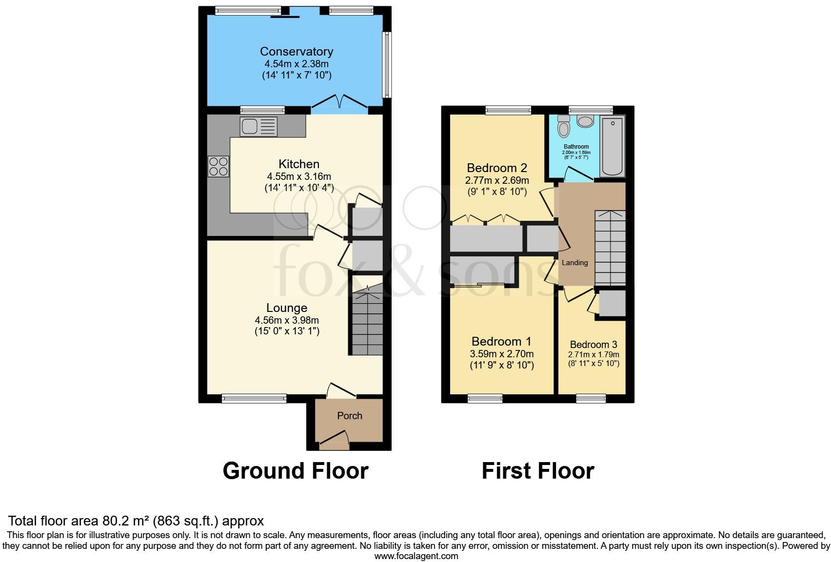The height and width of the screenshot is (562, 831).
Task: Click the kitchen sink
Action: [258, 127]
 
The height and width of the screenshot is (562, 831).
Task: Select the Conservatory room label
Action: [296, 52]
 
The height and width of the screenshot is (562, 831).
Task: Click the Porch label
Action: [350, 416]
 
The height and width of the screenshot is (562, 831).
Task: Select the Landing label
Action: [574, 263]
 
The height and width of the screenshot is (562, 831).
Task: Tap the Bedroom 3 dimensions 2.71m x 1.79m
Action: [594, 355]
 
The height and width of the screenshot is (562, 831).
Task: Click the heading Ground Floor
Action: [295, 471]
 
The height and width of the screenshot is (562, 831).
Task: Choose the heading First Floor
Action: [537, 471]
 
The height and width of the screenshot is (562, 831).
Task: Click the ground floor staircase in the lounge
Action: [368, 322]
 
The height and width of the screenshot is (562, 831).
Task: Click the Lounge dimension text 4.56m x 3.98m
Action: [287, 320]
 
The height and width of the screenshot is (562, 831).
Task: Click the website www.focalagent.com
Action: [416, 556]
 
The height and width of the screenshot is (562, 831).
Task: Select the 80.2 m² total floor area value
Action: [126, 521]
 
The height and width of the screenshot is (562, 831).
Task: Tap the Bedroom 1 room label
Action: [501, 342]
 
